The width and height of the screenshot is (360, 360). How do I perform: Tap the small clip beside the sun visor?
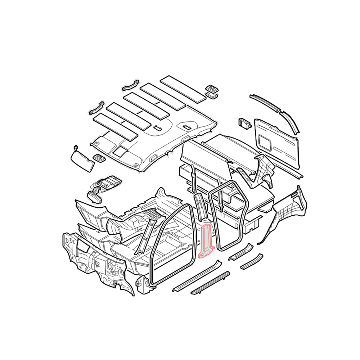click(98, 157)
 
